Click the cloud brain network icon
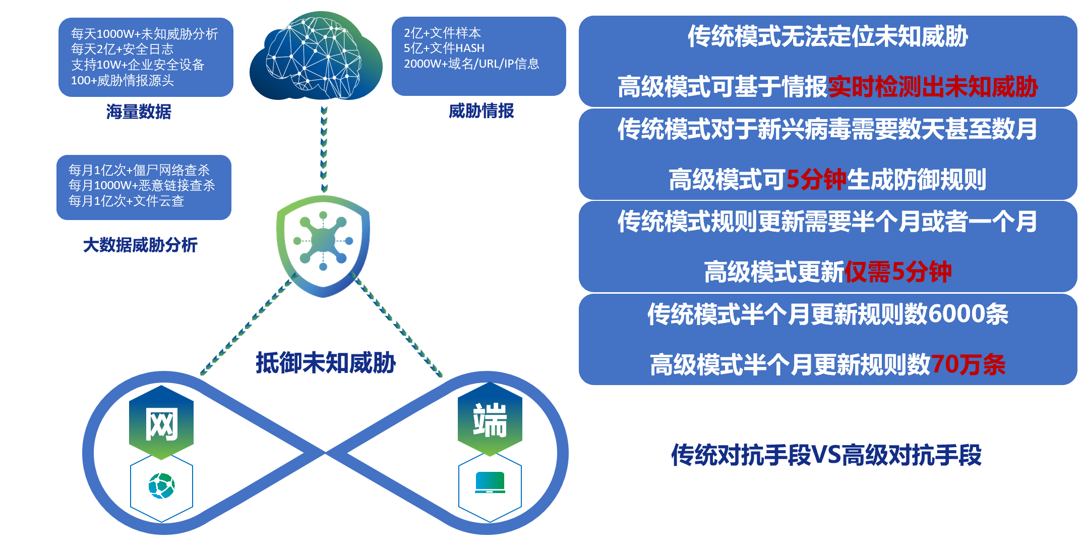[316, 56]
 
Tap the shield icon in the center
[323, 246]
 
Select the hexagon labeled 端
[490, 419]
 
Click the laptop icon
[490, 482]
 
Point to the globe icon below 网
[161, 485]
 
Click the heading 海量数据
[139, 112]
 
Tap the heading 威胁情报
[481, 111]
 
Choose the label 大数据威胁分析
[140, 245]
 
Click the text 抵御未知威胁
[326, 362]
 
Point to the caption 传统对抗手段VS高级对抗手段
[826, 455]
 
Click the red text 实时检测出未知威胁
[933, 87]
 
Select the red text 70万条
[968, 364]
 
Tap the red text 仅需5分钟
[898, 272]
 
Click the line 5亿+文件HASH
[444, 48]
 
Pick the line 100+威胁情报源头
[123, 80]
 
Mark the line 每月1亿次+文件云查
[127, 201]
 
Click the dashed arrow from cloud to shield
[324, 149]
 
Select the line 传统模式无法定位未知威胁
[828, 36]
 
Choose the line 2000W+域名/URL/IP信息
[471, 64]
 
